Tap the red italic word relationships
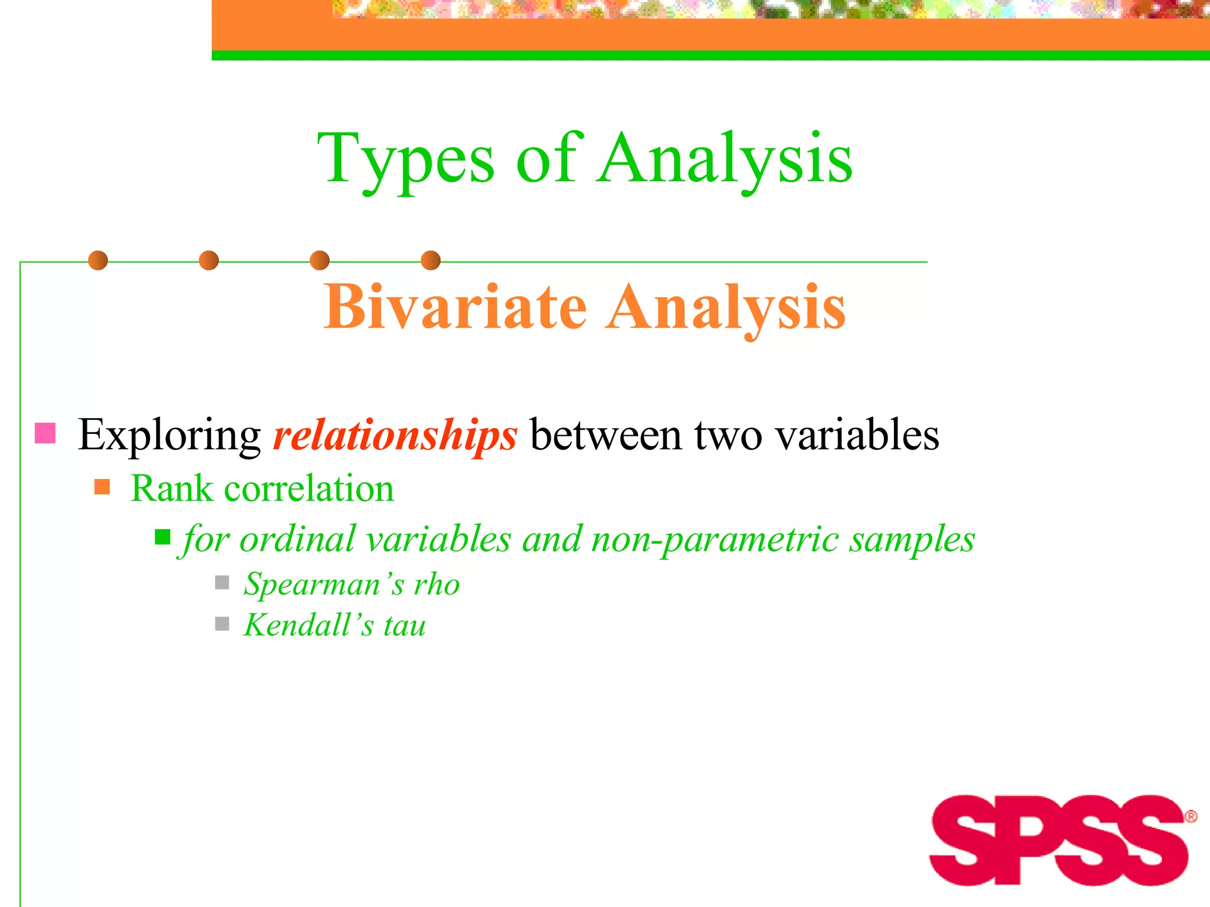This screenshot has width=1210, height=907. (395, 435)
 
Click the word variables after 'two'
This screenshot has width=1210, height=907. (857, 435)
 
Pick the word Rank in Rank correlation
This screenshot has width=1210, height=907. (171, 489)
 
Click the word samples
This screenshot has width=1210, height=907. (912, 540)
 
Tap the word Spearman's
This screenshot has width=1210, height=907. (324, 585)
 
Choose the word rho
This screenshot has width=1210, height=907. (437, 585)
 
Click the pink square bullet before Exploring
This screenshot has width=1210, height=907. (45, 433)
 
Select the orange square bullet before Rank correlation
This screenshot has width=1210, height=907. (102, 487)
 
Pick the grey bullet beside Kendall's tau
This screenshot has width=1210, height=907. (222, 624)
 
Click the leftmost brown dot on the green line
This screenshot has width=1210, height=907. (98, 260)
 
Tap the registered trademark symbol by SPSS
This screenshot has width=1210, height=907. (1191, 817)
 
